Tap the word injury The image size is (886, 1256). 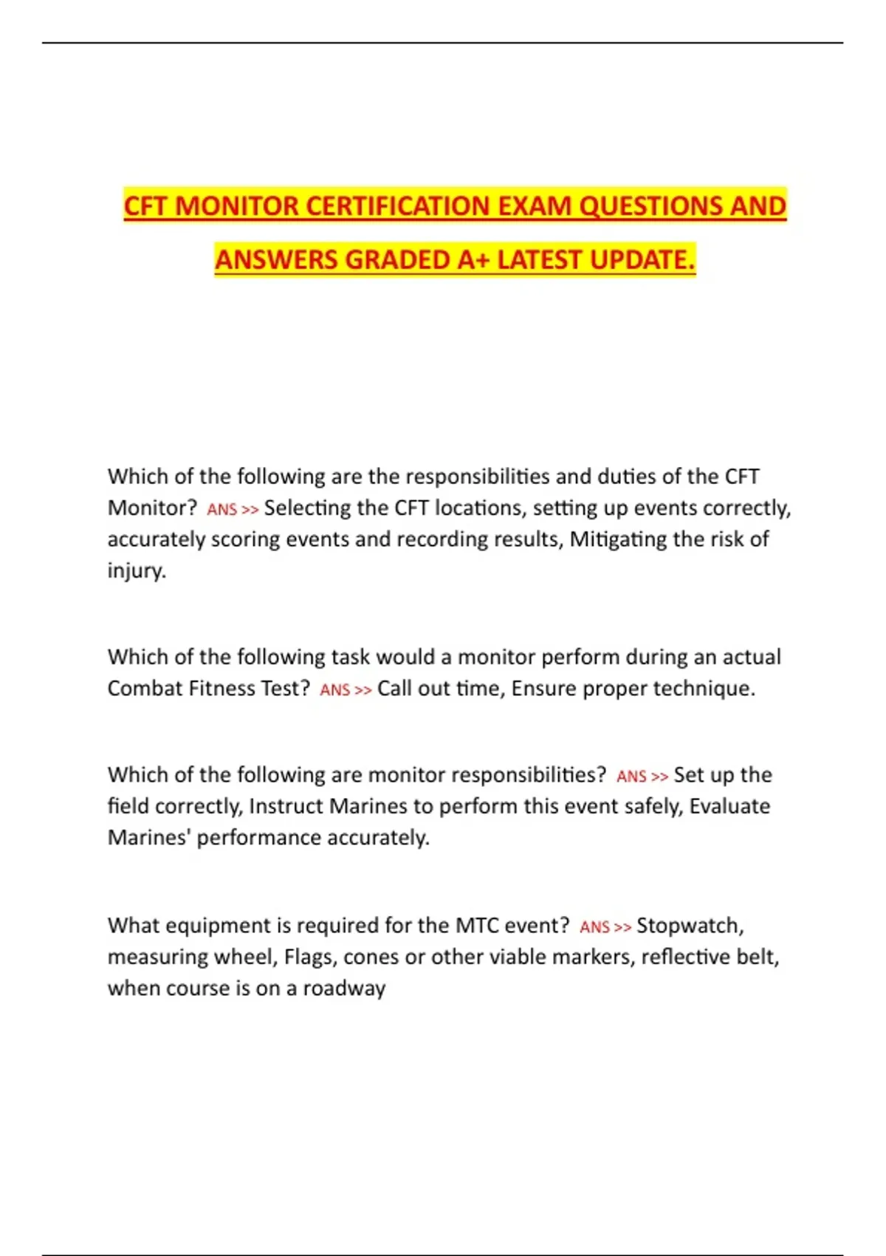(x=137, y=571)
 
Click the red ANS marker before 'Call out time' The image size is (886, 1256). (x=334, y=690)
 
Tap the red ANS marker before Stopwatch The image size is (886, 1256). (x=594, y=927)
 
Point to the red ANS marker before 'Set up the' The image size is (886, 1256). (x=631, y=777)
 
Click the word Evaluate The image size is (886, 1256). (x=729, y=806)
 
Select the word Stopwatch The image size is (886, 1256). (x=690, y=926)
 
